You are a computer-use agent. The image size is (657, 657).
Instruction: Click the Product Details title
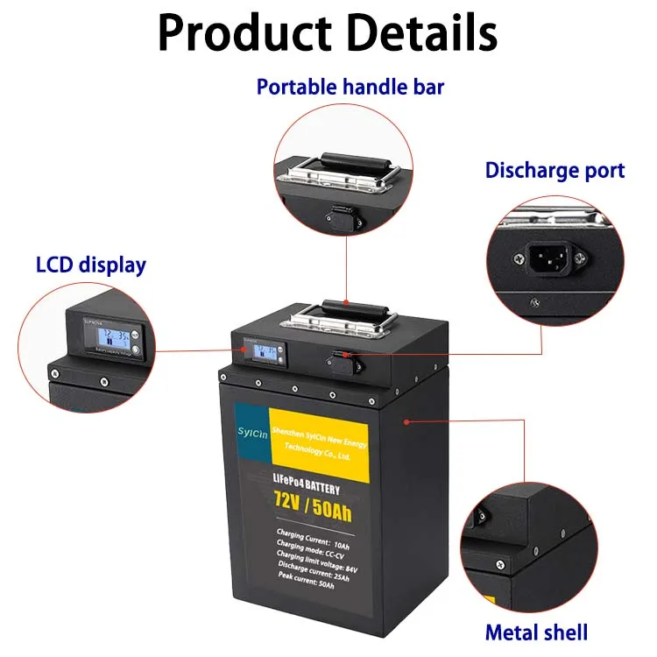coord(328,33)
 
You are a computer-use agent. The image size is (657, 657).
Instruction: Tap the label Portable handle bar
coord(350,87)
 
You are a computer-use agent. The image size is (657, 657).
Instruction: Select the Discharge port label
coord(555,170)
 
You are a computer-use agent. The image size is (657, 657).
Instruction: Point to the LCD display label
coord(91,265)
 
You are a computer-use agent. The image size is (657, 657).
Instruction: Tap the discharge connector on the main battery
coord(338,358)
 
